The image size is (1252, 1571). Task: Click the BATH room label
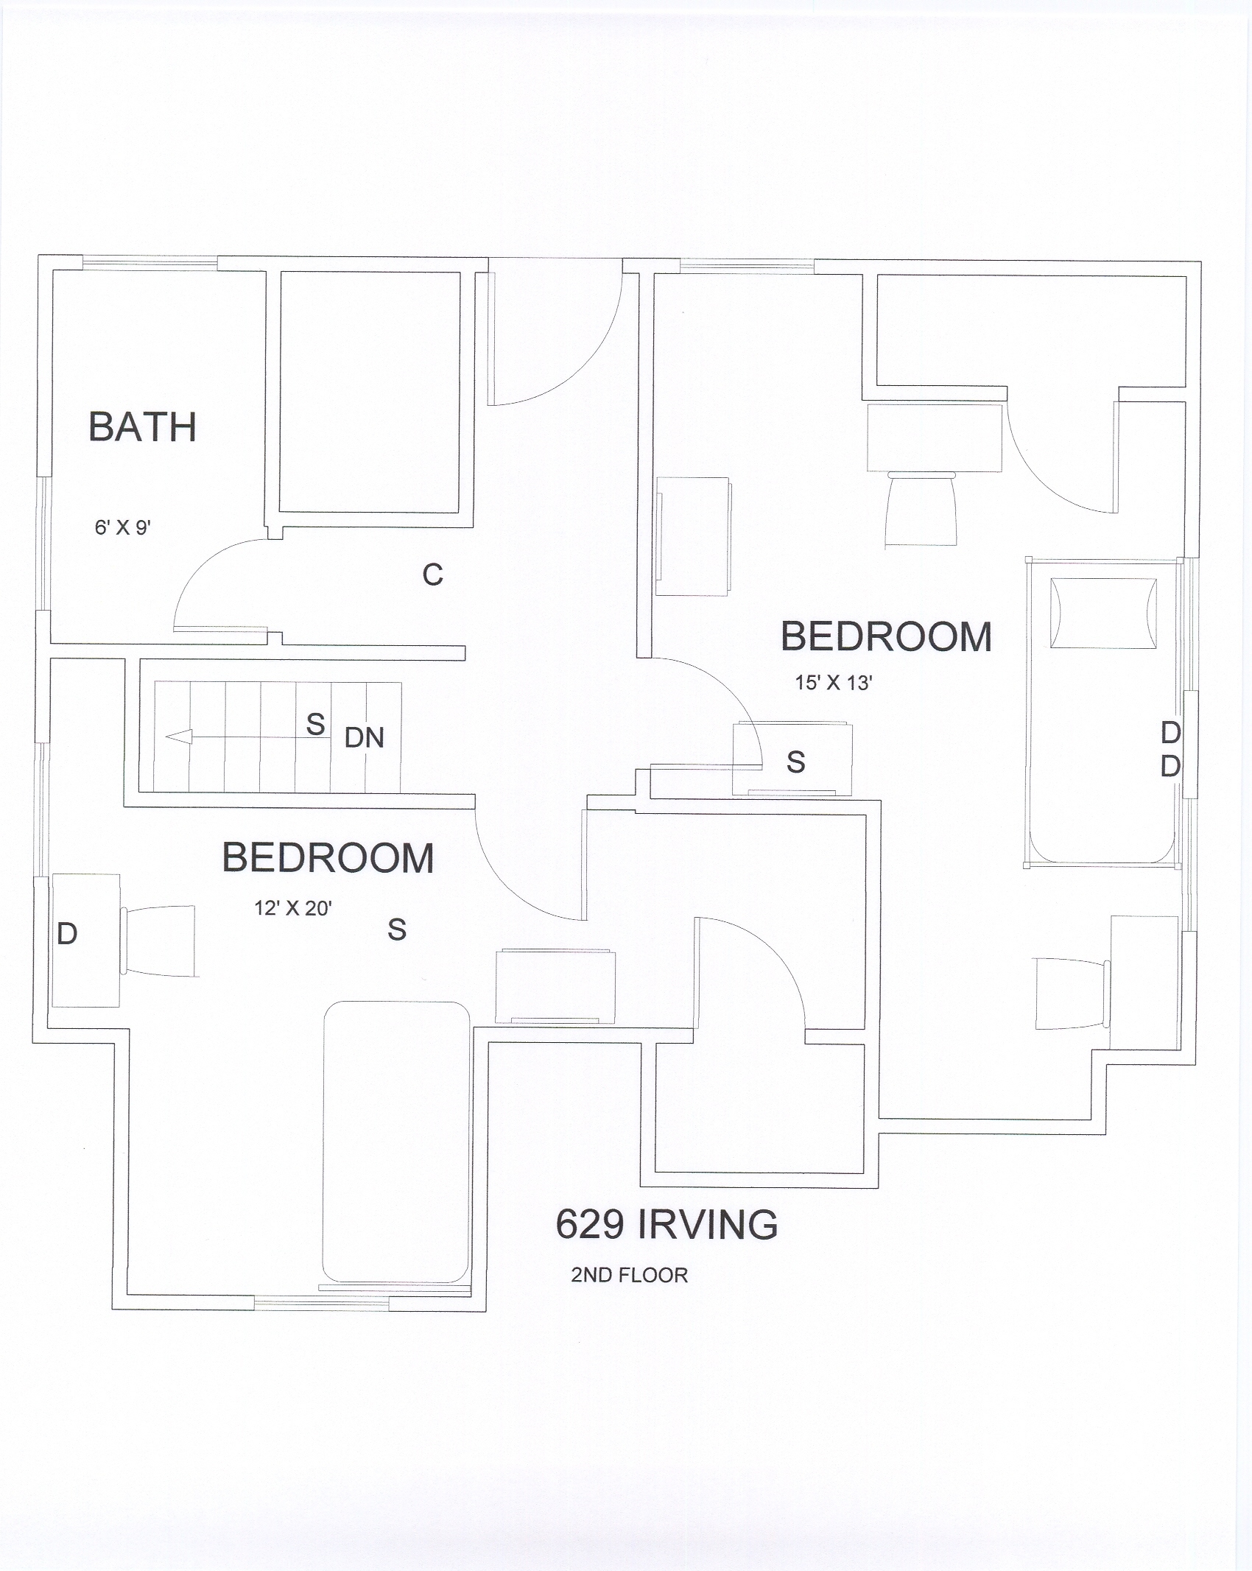[x=143, y=427]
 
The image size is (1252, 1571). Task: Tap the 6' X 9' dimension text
[x=123, y=527]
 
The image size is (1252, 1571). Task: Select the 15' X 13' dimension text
[x=834, y=683]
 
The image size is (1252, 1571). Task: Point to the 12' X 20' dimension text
[x=293, y=908]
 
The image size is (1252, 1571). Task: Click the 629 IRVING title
[x=667, y=1225]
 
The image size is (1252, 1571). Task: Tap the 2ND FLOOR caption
[x=630, y=1275]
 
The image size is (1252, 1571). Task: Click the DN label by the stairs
[x=365, y=738]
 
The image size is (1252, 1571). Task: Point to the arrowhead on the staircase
[x=179, y=737]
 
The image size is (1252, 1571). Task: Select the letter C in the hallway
[x=433, y=574]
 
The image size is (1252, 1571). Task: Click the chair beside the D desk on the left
[x=159, y=941]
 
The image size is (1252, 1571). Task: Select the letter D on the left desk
[x=67, y=934]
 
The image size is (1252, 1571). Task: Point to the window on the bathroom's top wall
[x=150, y=259]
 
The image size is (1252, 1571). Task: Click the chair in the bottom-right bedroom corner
[x=1072, y=993]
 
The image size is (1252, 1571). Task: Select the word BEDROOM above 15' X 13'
[x=886, y=637]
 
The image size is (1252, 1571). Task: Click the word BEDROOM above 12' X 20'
[x=328, y=858]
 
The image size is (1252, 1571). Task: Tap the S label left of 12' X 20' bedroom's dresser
[x=397, y=930]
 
